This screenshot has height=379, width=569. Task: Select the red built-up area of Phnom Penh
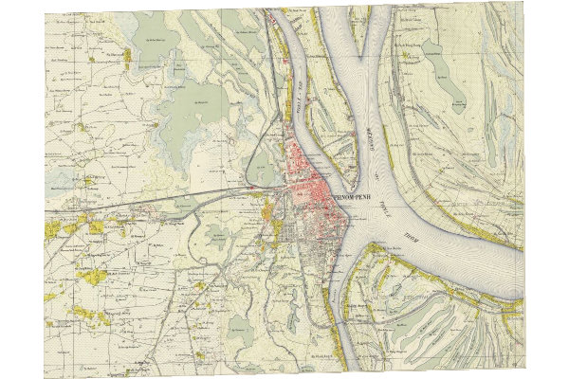point(313,180)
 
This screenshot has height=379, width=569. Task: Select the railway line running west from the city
point(190,197)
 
